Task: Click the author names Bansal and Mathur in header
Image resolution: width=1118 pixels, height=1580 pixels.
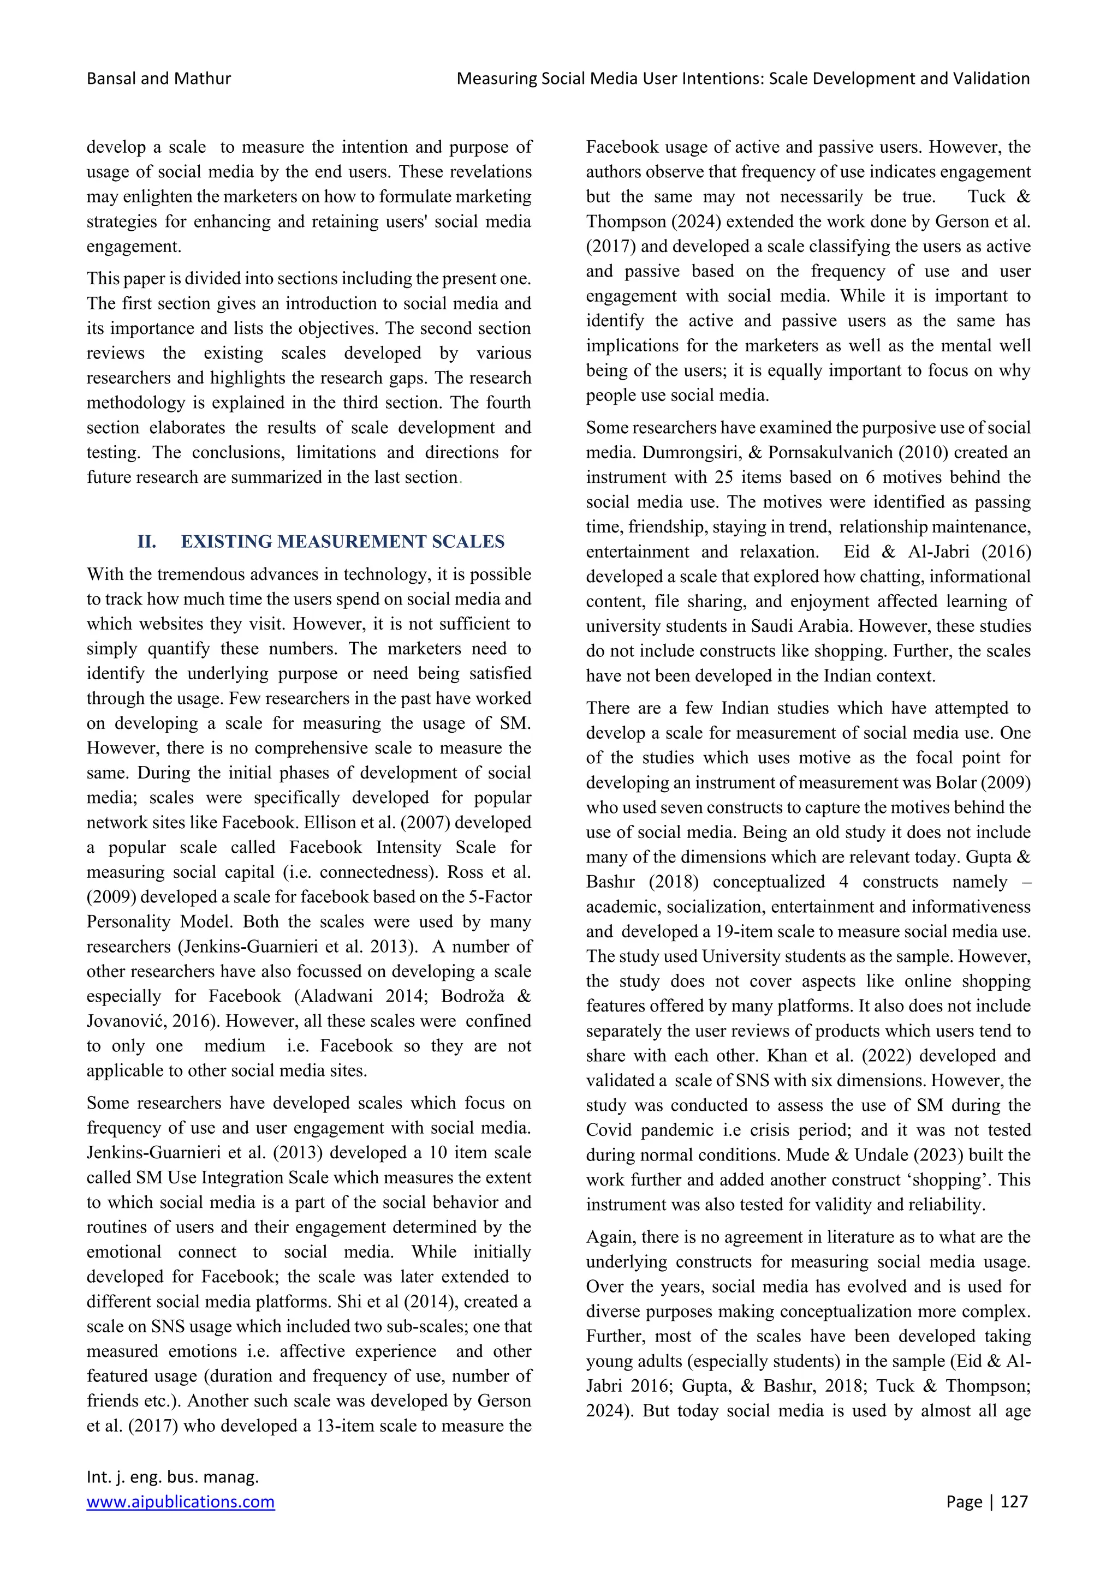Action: (x=158, y=79)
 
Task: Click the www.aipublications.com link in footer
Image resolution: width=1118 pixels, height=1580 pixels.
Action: (x=180, y=1501)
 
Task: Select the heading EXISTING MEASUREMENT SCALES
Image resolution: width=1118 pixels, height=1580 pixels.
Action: (x=342, y=542)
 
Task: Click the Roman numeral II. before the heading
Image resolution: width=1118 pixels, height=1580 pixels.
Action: (x=147, y=542)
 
